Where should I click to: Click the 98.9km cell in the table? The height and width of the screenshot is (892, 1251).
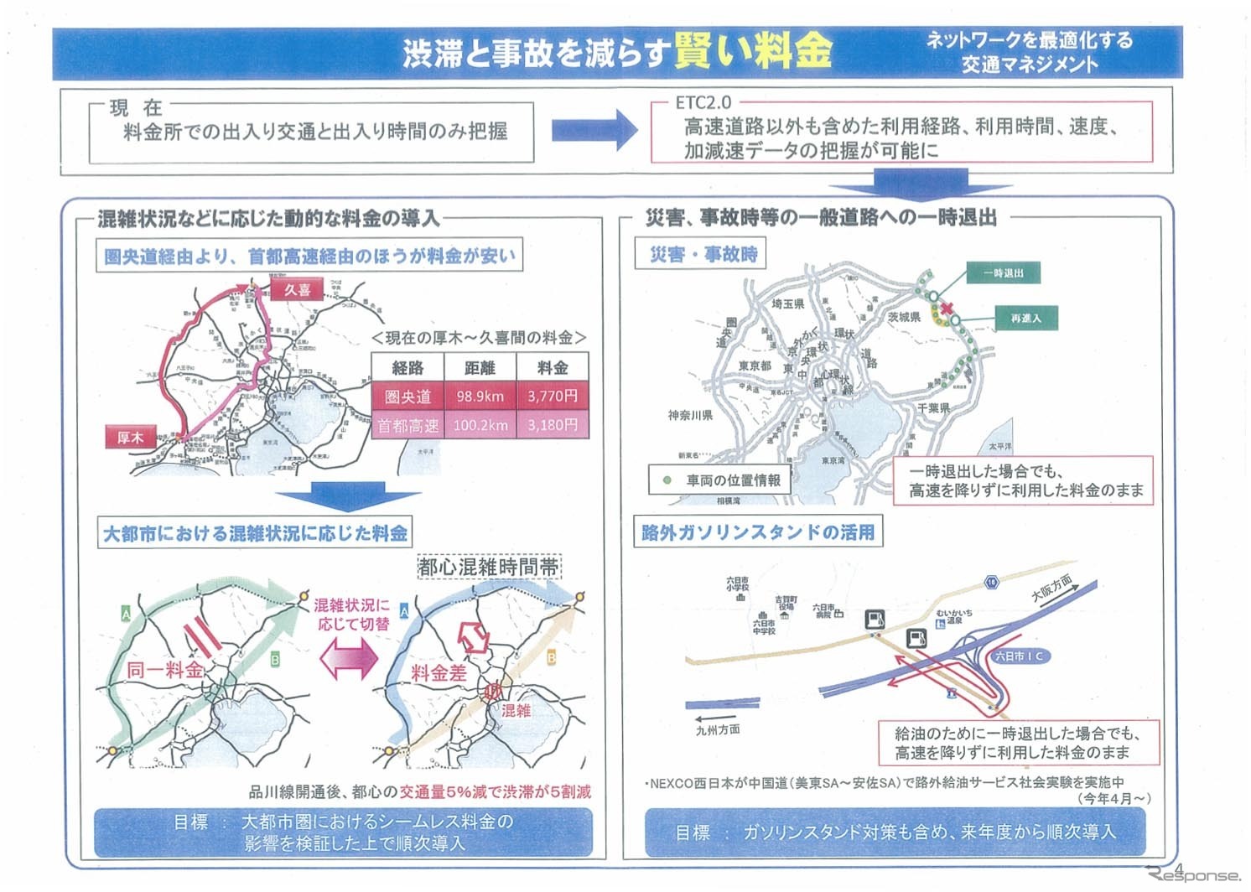[x=480, y=397]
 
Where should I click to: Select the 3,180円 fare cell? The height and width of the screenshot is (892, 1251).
[x=552, y=425]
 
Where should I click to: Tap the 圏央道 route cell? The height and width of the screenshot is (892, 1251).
[x=407, y=397]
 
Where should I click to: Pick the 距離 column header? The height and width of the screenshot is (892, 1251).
[x=480, y=368]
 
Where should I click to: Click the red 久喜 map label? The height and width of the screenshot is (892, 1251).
[x=298, y=290]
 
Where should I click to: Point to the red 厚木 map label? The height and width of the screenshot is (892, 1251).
[x=130, y=438]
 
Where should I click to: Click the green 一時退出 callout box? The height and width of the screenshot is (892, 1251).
[x=1003, y=273]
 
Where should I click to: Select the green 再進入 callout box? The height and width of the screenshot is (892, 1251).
[x=1025, y=319]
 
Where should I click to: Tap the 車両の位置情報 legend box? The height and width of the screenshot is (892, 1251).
[x=719, y=480]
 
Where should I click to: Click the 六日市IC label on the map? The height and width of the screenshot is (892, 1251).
[x=1018, y=656]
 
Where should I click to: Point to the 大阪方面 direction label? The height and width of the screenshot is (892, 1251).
[x=1051, y=589]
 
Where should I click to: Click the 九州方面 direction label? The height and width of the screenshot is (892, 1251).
[x=718, y=729]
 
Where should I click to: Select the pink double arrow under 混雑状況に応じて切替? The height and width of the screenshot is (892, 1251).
[x=348, y=658]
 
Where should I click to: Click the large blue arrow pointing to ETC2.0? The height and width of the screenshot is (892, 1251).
[x=594, y=131]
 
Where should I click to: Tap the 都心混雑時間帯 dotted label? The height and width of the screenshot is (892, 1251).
[x=489, y=568]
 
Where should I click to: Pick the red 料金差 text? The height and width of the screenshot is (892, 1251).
[x=438, y=672]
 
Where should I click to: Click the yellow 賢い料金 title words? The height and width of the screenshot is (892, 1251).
[x=752, y=51]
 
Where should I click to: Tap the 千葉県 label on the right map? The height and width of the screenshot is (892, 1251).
[x=932, y=408]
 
